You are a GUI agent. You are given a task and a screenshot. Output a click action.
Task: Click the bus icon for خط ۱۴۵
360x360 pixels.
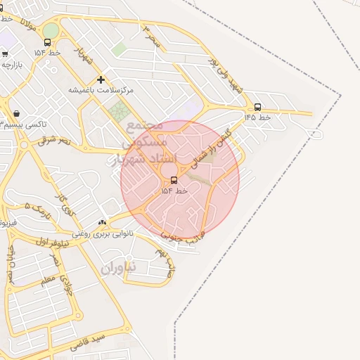(257, 108)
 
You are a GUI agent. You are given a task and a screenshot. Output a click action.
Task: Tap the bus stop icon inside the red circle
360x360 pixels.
(174, 180)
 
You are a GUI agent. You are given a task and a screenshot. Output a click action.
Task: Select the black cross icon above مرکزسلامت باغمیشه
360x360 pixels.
(101, 79)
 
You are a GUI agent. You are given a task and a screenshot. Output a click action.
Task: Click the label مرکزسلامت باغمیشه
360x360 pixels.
(101, 90)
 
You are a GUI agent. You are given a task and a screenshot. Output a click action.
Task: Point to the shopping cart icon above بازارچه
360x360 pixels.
(5, 53)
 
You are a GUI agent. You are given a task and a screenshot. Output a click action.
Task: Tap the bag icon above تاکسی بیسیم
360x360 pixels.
(15, 113)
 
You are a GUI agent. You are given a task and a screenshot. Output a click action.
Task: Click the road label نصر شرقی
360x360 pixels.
(56, 141)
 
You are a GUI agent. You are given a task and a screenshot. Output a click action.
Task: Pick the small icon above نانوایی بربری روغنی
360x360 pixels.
(103, 222)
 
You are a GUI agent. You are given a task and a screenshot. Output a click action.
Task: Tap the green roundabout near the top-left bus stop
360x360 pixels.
(51, 30)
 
